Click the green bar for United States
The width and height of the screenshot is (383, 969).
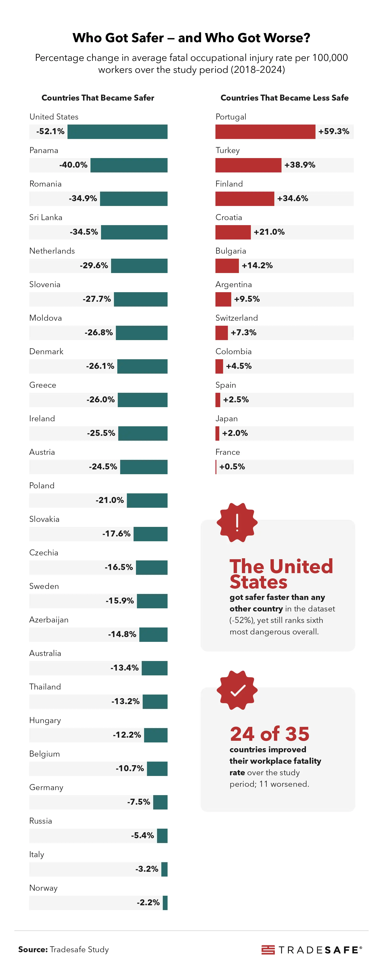pos(117,132)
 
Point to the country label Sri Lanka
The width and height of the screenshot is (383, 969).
pos(46,217)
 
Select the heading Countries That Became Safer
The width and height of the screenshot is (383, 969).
pos(98,98)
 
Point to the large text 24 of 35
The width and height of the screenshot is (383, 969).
pos(270,734)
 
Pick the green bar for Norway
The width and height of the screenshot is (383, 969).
pos(165,903)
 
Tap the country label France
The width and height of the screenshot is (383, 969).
pos(227,452)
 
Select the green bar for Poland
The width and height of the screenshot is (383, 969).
pos(147,500)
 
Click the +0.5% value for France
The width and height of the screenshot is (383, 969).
pos(232,467)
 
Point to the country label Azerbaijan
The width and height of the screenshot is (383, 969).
pos(49,620)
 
